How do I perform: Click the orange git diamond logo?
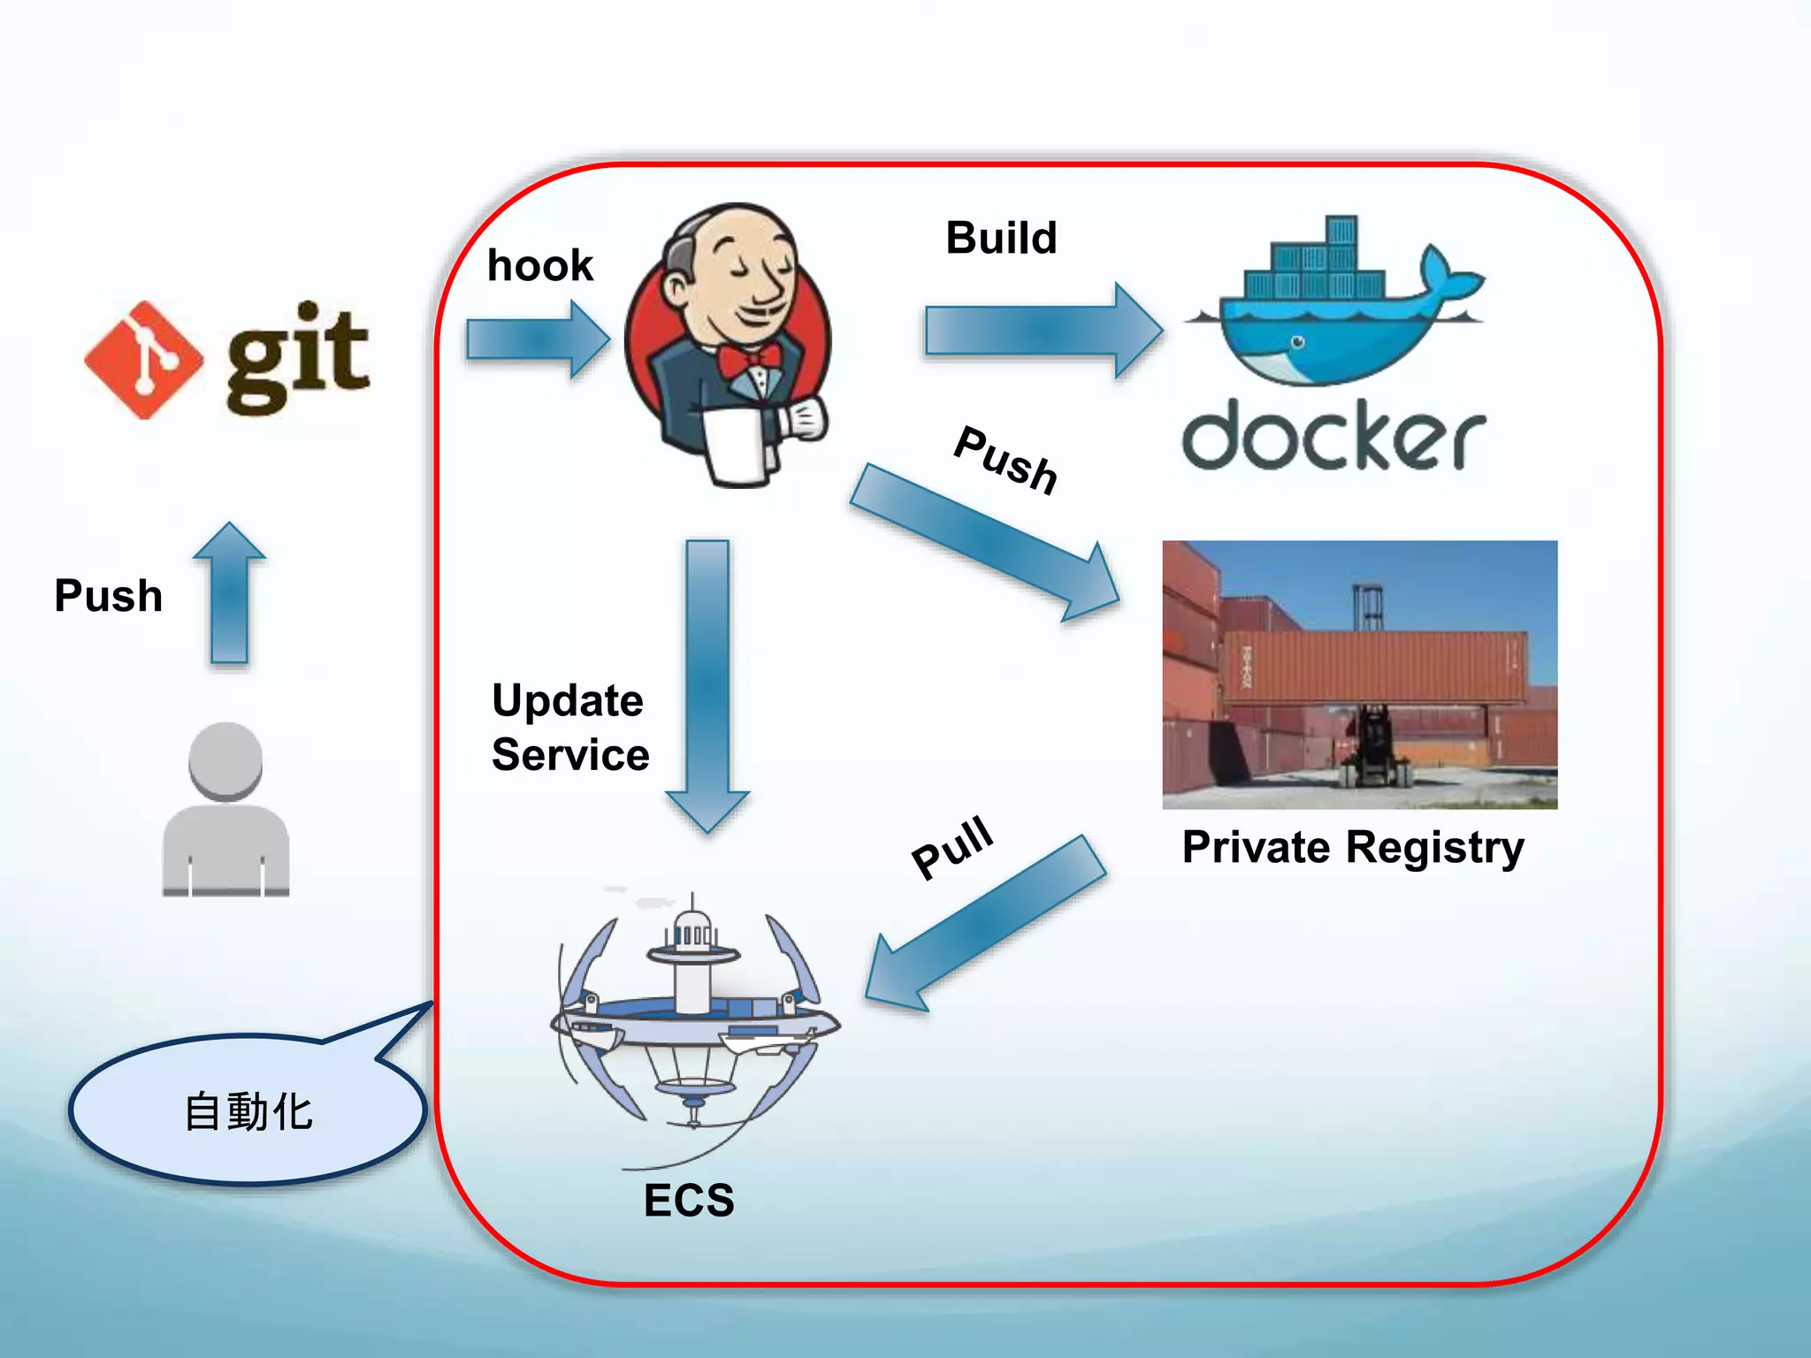click(x=144, y=360)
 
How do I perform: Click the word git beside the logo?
click(x=296, y=358)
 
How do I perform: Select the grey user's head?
click(x=225, y=760)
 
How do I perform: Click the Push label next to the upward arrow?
click(x=108, y=595)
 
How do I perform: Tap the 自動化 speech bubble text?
click(x=248, y=1111)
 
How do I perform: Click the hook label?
click(x=539, y=265)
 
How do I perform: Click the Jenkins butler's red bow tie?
click(x=749, y=359)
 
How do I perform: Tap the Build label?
click(x=1001, y=238)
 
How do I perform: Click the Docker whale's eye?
click(x=1298, y=341)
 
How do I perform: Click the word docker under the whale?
click(x=1333, y=436)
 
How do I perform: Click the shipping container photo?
click(x=1359, y=674)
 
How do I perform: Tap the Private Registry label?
click(x=1353, y=847)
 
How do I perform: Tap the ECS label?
click(x=689, y=1200)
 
